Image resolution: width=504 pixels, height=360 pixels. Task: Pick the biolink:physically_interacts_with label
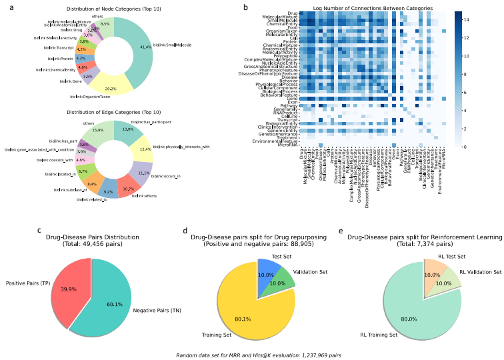pyautogui.click(x=181, y=146)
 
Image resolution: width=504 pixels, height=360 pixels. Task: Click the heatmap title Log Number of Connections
pyautogui.click(x=373, y=8)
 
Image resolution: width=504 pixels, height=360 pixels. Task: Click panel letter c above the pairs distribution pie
pyautogui.click(x=39, y=231)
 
